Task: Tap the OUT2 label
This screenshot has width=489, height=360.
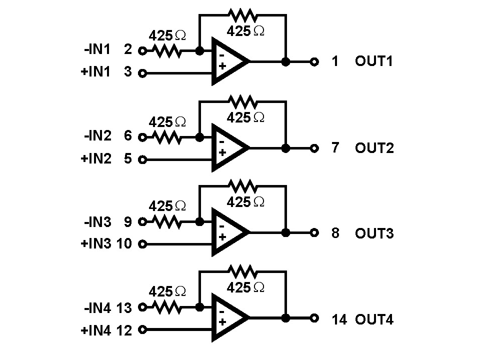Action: pos(374,148)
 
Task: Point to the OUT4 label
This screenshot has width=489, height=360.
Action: pos(374,319)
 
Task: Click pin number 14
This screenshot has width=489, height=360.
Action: pos(338,319)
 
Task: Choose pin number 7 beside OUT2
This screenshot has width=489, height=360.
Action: pos(335,148)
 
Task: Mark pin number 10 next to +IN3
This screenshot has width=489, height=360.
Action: pos(124,244)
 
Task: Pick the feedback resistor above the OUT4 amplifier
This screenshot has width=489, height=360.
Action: pos(243,272)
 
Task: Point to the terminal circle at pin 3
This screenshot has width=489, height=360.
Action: pos(142,73)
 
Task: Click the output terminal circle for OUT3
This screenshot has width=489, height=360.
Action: pos(314,233)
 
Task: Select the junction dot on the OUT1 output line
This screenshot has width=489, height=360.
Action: pos(285,62)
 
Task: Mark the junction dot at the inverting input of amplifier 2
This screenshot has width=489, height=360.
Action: pos(199,136)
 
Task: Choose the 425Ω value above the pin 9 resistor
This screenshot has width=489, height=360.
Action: pos(167,206)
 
